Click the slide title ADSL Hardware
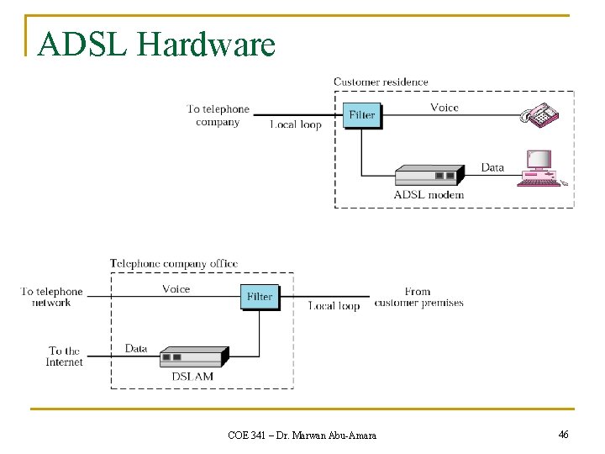coord(157,45)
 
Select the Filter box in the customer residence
coord(362,114)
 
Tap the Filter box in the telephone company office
coord(260,297)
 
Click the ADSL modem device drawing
coord(429,175)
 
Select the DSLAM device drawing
coord(193,356)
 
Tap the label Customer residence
coord(381,82)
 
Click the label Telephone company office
coord(174,263)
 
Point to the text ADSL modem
coord(429,195)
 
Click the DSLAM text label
coord(192,376)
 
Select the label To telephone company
coord(218,115)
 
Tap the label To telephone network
coord(52,297)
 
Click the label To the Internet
coord(65,356)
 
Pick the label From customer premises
coord(418,297)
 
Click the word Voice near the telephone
coord(445,107)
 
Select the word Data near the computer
coord(492,167)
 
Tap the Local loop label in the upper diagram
coord(296,124)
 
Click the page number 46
coord(563,434)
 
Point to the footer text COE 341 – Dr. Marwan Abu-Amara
coord(302,435)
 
